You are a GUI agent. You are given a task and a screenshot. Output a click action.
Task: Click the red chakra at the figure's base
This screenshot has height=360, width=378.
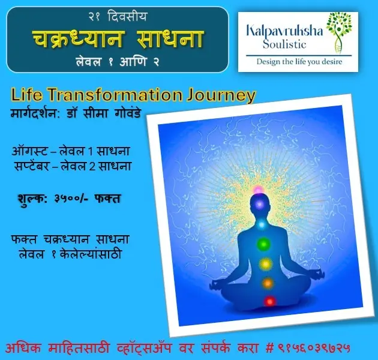(x=270, y=301)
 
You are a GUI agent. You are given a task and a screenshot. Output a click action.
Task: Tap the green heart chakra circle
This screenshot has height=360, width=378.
(x=263, y=244)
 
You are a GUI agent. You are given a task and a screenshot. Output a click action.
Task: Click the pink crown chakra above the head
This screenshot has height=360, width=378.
(x=258, y=190)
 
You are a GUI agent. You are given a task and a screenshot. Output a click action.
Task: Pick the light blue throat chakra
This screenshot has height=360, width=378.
(x=262, y=225)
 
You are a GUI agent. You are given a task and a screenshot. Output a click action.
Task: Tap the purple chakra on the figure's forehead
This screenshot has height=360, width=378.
(x=260, y=205)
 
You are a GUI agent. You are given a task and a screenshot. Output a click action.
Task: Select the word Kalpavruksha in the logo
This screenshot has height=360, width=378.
(x=284, y=32)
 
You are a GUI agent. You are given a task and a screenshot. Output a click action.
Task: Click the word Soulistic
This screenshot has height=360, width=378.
(x=284, y=44)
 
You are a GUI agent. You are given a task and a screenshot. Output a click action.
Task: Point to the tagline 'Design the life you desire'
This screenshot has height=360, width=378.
(x=299, y=62)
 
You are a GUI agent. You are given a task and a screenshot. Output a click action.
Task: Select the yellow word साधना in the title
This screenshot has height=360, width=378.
(x=170, y=39)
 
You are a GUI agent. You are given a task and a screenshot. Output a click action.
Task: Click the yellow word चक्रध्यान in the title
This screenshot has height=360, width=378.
(x=77, y=39)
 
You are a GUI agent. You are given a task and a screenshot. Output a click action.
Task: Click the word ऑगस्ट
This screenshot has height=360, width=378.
(x=29, y=151)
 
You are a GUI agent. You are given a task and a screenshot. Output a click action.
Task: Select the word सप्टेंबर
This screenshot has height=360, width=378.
(x=31, y=166)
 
